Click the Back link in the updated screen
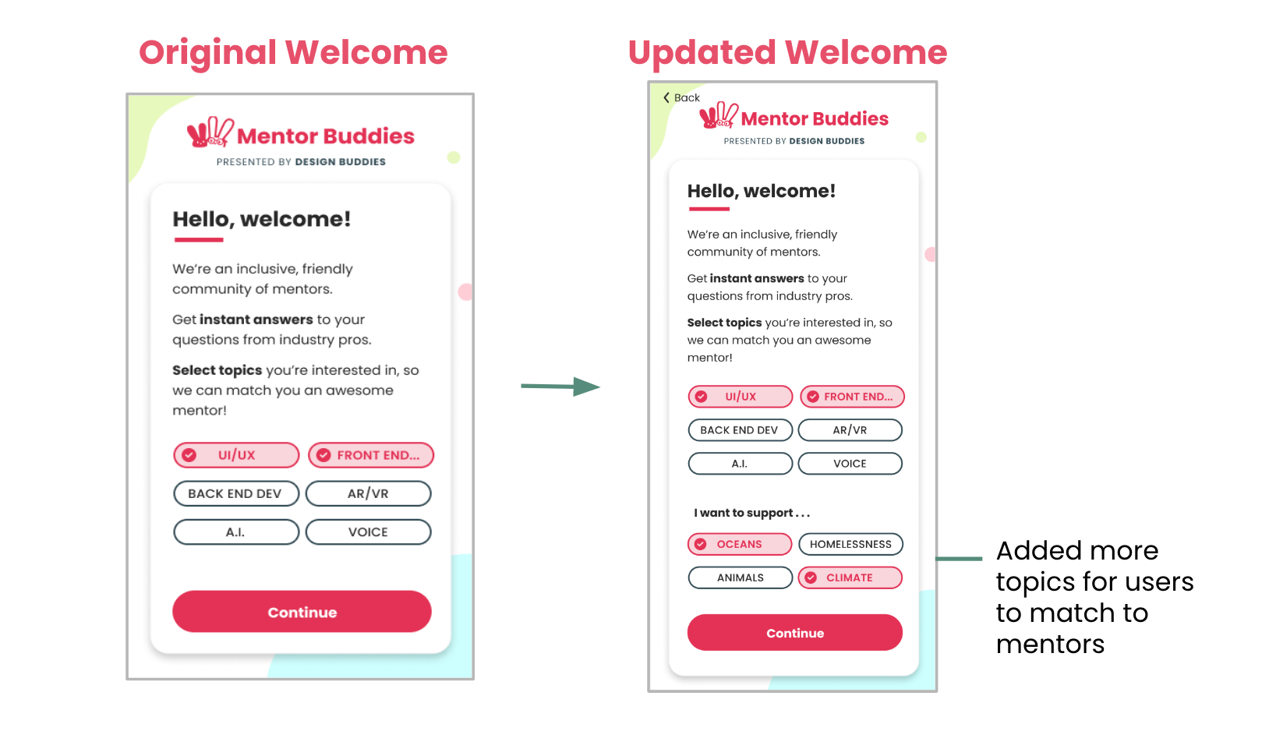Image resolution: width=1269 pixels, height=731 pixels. pyautogui.click(x=682, y=97)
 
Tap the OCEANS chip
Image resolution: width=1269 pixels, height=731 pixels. pyautogui.click(x=740, y=544)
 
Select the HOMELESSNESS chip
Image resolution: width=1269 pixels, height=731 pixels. pyautogui.click(x=850, y=544)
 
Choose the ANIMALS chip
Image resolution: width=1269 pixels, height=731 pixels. pyautogui.click(x=740, y=577)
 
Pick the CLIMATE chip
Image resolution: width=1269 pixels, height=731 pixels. pyautogui.click(x=850, y=577)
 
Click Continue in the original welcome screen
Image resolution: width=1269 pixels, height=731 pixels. pyautogui.click(x=302, y=612)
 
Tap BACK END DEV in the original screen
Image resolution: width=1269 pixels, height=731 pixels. pyautogui.click(x=235, y=493)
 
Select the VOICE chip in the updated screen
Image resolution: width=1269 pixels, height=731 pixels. pyautogui.click(x=850, y=464)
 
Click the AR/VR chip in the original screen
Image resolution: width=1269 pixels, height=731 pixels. pyautogui.click(x=368, y=493)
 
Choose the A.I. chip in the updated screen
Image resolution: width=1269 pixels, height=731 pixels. pyautogui.click(x=740, y=464)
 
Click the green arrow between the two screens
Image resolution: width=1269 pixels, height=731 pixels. pyautogui.click(x=560, y=386)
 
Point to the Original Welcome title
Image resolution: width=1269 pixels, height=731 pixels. pyautogui.click(x=293, y=52)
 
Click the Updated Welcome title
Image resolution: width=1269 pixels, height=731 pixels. pyautogui.click(x=787, y=52)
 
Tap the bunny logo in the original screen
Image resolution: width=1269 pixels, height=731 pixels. pyautogui.click(x=210, y=133)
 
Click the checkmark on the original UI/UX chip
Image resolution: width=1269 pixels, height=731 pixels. pyautogui.click(x=189, y=455)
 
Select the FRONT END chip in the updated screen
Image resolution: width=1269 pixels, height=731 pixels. pyautogui.click(x=850, y=397)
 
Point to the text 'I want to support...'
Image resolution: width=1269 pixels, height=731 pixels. pyautogui.click(x=751, y=513)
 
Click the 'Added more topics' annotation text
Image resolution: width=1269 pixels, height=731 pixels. pyautogui.click(x=1094, y=597)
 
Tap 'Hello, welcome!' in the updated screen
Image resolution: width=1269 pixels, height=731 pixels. pyautogui.click(x=761, y=191)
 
